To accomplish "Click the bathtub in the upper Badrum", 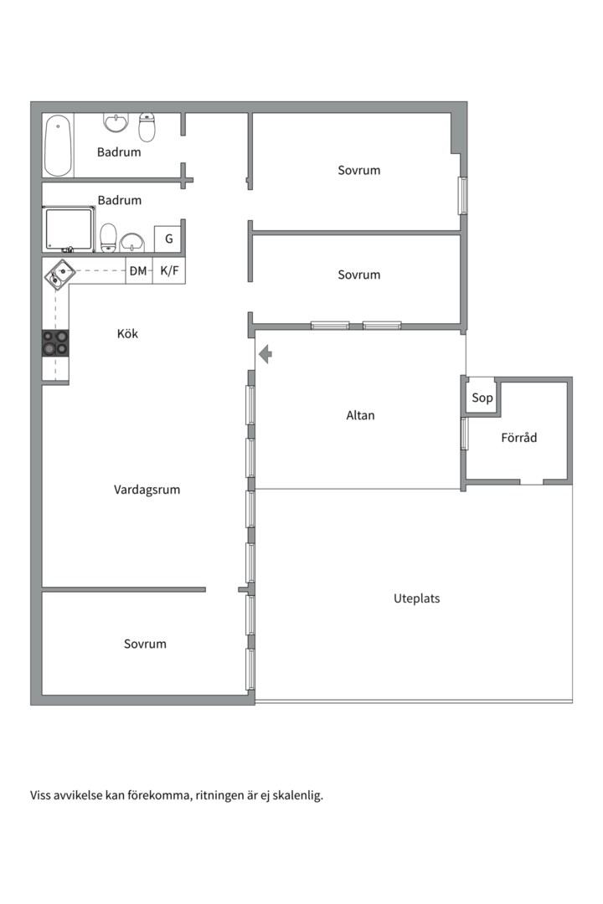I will click(58, 146).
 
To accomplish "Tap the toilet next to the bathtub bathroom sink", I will click(147, 126).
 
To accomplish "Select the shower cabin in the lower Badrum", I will click(69, 229).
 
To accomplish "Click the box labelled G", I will click(168, 239).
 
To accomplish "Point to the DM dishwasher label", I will click(138, 270).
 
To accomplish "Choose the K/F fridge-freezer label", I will click(169, 270).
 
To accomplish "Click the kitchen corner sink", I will click(59, 273).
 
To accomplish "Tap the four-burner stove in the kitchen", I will click(55, 343).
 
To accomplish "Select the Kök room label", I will click(127, 334).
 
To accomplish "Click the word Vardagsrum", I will click(147, 490).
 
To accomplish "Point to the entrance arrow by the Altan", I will click(265, 355).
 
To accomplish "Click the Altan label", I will click(360, 415).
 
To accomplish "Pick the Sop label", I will click(482, 398).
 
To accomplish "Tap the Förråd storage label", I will click(518, 437).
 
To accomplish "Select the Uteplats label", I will click(416, 598).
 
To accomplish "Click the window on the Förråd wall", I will click(463, 434).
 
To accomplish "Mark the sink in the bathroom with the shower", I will click(132, 242).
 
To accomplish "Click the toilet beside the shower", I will click(108, 238).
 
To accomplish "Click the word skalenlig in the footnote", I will click(296, 795).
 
